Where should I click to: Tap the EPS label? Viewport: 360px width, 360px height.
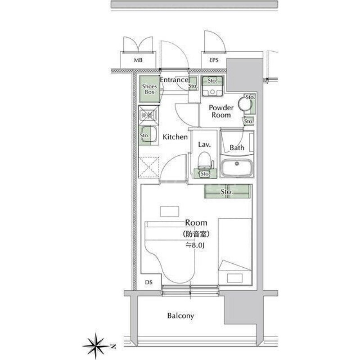[x=213, y=60]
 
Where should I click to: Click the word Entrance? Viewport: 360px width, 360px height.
[x=174, y=80]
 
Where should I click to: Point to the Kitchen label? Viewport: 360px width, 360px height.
[x=175, y=137]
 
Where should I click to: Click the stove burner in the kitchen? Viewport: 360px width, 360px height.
[x=148, y=116]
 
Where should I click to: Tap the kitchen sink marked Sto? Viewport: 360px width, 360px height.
[x=147, y=135]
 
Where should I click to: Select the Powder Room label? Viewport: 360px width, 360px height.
[x=221, y=111]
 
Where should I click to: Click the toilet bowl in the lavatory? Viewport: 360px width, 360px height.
[x=205, y=159]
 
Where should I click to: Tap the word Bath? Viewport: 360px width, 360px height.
[x=237, y=148]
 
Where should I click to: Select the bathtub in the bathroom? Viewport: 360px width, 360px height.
[x=237, y=168]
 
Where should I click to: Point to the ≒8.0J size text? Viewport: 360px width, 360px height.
[x=196, y=245]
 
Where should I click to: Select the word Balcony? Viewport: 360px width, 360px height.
[x=180, y=316]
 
